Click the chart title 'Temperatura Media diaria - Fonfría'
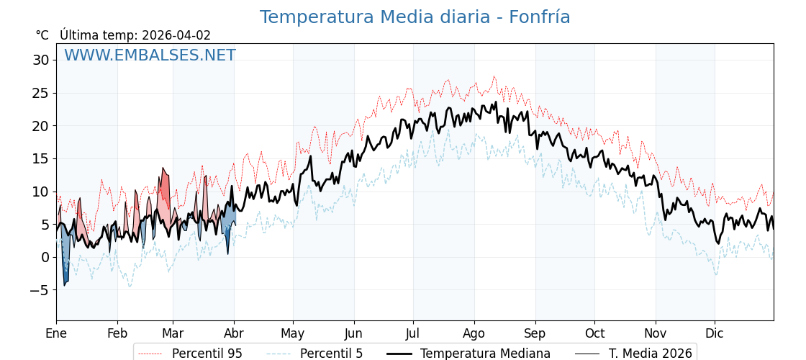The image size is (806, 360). click(415, 17)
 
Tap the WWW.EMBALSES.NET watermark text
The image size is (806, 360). click(150, 55)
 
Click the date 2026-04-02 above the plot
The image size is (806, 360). click(176, 35)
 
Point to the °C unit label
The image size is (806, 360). click(42, 35)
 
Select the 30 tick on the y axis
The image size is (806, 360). click(41, 60)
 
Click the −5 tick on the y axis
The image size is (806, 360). click(39, 290)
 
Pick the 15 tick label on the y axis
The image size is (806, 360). click(41, 158)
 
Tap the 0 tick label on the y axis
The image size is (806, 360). click(45, 257)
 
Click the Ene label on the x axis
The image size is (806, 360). click(56, 333)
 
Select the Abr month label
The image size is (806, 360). click(234, 333)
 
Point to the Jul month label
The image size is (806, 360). click(413, 333)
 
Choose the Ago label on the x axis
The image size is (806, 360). click(474, 333)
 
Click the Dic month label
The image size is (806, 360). click(715, 333)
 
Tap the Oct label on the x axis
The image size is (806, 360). click(594, 333)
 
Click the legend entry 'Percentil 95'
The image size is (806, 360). click(207, 354)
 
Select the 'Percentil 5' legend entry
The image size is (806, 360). click(331, 354)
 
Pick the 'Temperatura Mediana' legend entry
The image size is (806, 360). click(485, 354)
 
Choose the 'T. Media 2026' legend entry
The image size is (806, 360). click(650, 354)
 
